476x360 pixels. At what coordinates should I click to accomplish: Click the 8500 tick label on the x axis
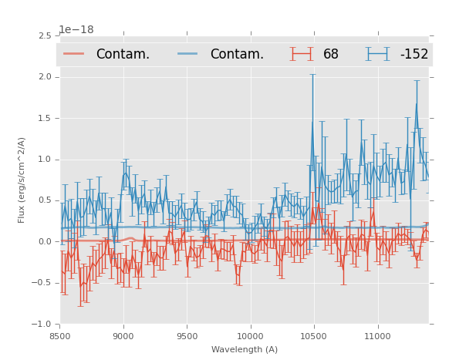pos(60,335)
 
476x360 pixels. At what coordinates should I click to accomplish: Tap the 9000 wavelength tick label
pos(123,335)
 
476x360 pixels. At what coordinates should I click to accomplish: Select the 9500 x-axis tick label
pos(187,335)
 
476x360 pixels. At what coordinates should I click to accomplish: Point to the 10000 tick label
pos(250,335)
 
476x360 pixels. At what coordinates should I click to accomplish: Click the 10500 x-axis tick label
pos(313,335)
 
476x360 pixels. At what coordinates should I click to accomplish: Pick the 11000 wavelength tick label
pos(377,335)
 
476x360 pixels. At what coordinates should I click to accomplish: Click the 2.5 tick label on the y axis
pos(44,35)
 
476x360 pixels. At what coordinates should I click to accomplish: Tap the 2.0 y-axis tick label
pos(44,77)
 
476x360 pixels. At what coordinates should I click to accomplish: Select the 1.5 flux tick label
pos(44,118)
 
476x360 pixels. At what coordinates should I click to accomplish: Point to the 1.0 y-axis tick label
pos(44,160)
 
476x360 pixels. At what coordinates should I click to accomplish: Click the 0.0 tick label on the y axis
pos(44,242)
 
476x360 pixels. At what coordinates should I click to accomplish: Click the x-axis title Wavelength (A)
pos(245,349)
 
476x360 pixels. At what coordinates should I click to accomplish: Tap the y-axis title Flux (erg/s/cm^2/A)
pos(22,180)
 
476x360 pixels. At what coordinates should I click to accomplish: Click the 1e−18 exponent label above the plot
pos(76,30)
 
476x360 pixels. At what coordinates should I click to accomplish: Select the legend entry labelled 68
pos(331,54)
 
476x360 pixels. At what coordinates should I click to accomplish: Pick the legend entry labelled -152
pos(414,54)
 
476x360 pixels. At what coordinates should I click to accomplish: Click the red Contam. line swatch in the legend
pos(75,54)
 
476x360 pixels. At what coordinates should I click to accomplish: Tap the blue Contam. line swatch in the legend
pos(188,54)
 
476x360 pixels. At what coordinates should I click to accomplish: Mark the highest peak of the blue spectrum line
pos(417,104)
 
